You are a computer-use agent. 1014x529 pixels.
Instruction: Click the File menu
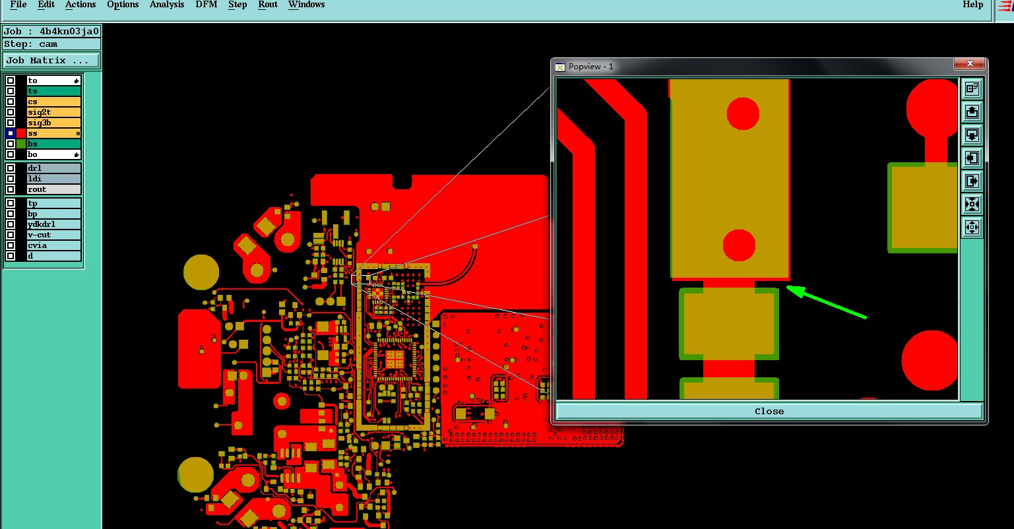18,5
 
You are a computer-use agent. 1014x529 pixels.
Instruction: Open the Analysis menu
167,5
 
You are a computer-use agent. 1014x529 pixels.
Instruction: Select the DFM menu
206,5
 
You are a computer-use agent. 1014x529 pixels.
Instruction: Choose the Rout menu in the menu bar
268,5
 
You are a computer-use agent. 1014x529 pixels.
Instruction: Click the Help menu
973,5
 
